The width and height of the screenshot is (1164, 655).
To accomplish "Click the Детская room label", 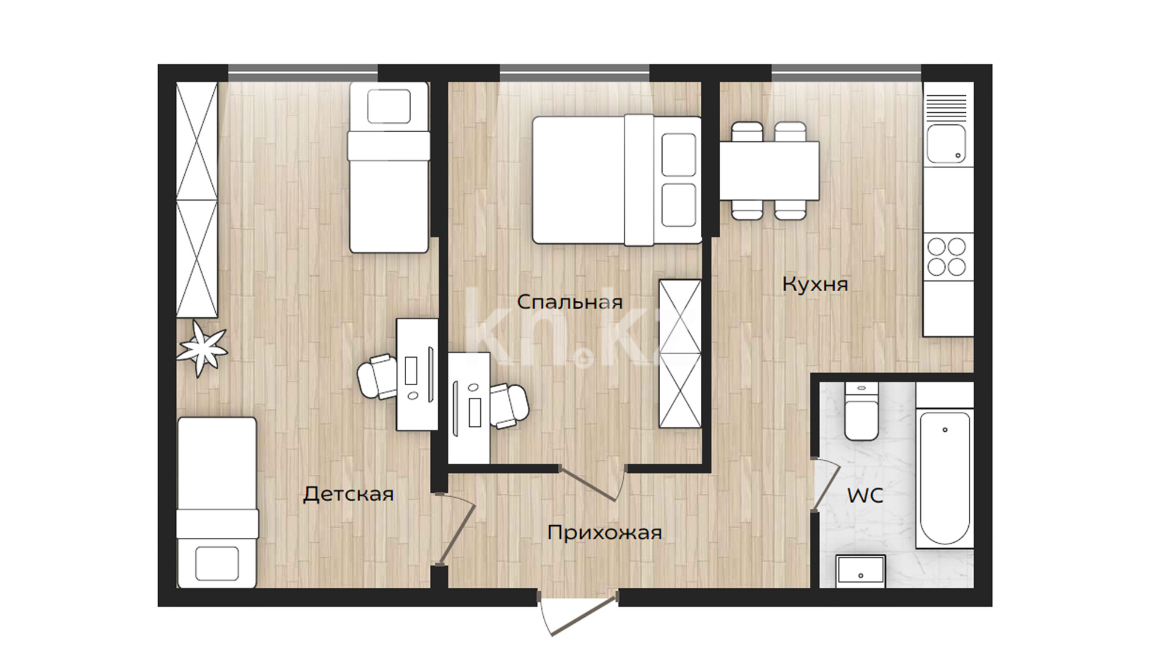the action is click(349, 494).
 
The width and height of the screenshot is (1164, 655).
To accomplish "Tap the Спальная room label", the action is click(570, 301).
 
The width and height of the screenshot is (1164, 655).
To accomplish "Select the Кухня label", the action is click(815, 284).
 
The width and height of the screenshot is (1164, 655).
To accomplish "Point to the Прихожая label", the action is click(604, 532).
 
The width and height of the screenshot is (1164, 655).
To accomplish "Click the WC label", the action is click(865, 495).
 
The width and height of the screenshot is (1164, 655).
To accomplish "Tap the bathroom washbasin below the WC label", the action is click(860, 571).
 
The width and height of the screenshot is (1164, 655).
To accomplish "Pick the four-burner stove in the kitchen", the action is click(948, 257).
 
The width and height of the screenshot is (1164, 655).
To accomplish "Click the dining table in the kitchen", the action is click(769, 171).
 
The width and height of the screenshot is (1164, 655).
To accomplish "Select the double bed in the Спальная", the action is click(617, 181).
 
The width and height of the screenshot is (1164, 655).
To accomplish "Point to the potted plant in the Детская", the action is click(202, 349).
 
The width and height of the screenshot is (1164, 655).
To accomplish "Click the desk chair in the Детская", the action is click(377, 377).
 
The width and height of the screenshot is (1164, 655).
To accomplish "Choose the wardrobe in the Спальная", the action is click(680, 354).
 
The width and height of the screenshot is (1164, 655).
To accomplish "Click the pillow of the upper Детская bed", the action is click(389, 106).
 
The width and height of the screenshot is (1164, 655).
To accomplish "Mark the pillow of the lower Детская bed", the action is click(216, 563).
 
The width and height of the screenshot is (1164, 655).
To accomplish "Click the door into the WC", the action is click(826, 485).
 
